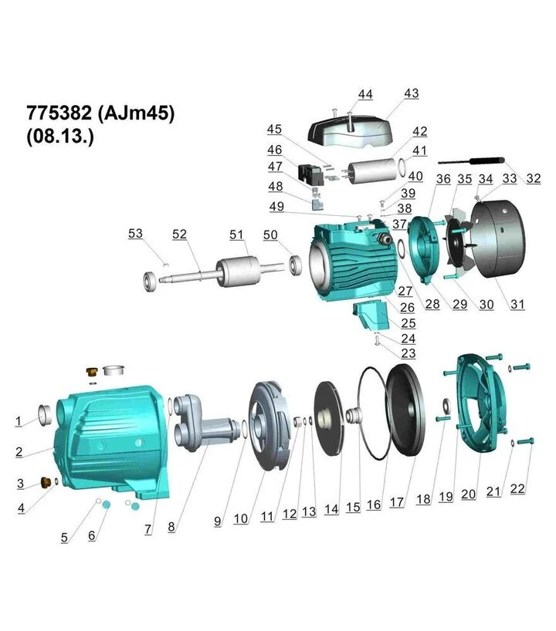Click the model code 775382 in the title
pyautogui.click(x=59, y=113)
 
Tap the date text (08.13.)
pyautogui.click(x=60, y=136)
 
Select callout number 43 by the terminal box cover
pyautogui.click(x=412, y=93)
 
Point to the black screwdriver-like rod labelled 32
pyautogui.click(x=471, y=161)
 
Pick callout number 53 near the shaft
pyautogui.click(x=135, y=234)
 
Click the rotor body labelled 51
pyautogui.click(x=239, y=272)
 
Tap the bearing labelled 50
pyautogui.click(x=296, y=265)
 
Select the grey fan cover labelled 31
pyautogui.click(x=498, y=239)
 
